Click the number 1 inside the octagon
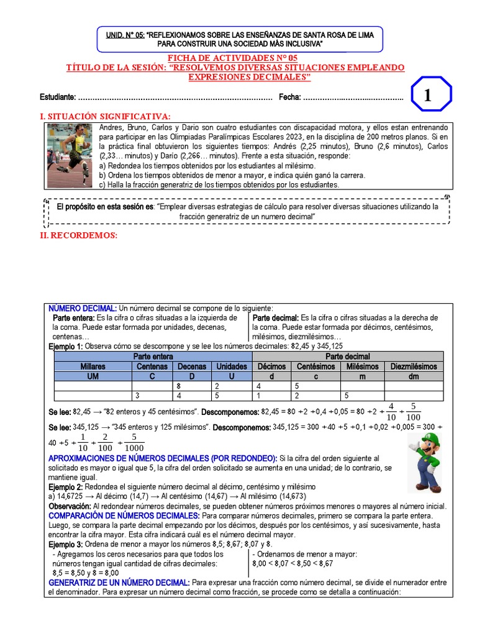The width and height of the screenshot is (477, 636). pos(427,96)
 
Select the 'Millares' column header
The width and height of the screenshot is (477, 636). pos(93,366)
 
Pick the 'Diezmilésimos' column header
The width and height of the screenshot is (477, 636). pos(413,366)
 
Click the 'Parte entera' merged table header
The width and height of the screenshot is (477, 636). pos(153,357)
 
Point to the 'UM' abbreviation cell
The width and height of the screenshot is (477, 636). pos(93,376)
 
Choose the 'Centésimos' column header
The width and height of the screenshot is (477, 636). pos(316,366)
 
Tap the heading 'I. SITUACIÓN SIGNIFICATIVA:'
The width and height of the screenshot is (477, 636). pos(104,116)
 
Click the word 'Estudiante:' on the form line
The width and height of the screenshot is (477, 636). pos(58,98)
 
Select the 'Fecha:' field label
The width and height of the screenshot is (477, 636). pos(289,98)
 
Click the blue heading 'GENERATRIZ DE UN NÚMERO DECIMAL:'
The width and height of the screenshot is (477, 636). pos(119,583)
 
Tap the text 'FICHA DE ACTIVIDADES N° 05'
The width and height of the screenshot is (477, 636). pos(238,58)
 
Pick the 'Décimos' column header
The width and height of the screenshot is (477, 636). pos(271,366)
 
